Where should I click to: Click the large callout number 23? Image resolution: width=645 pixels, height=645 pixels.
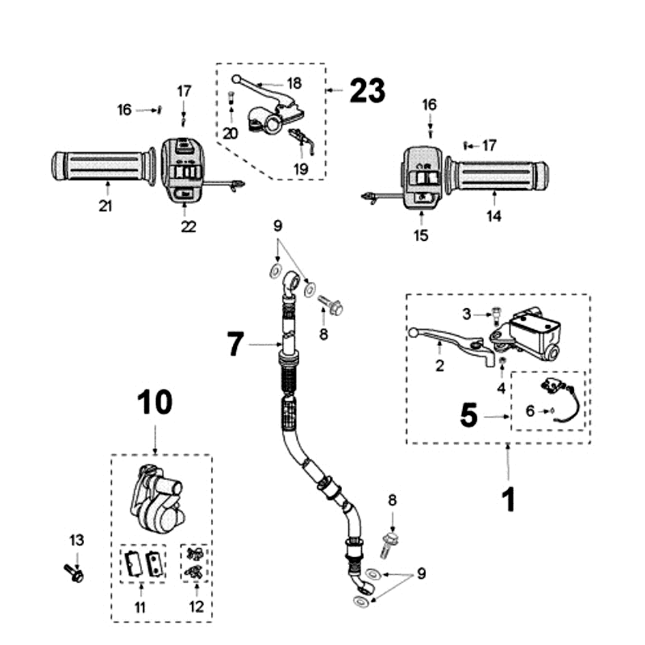[367, 91]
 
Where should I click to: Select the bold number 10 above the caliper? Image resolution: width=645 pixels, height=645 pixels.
[154, 402]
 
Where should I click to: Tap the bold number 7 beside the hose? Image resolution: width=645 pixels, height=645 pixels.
[235, 345]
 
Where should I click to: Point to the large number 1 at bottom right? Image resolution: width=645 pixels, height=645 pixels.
[508, 499]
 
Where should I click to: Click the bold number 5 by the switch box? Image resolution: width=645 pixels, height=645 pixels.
[470, 416]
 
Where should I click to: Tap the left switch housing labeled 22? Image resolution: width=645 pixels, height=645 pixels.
[183, 169]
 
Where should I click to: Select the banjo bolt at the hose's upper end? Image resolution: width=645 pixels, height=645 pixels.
[332, 306]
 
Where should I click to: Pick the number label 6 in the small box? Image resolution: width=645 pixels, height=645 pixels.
[530, 410]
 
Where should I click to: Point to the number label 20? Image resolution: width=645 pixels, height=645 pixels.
[231, 133]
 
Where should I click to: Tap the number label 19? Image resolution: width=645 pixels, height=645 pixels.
[301, 169]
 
